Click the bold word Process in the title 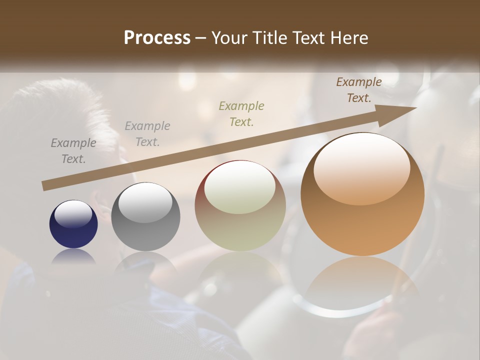[157, 37]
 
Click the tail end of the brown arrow [45, 185]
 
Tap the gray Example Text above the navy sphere [73, 151]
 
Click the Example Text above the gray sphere [147, 134]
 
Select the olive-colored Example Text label [241, 113]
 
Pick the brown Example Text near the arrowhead [358, 90]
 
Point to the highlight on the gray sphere [145, 201]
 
